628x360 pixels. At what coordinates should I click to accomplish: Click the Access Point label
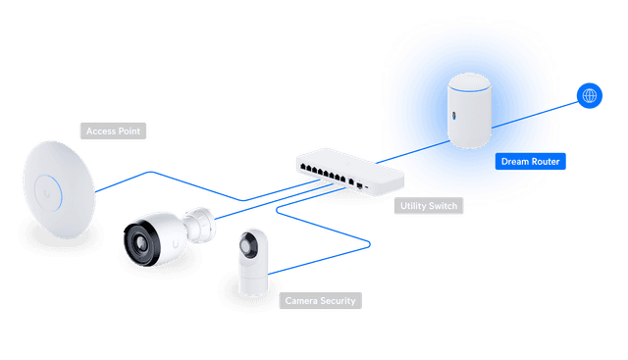[x=114, y=130]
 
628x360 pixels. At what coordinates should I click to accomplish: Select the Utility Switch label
[x=429, y=207]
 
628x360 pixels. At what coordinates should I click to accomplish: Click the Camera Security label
[x=319, y=300]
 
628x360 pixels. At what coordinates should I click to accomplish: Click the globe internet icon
[x=590, y=95]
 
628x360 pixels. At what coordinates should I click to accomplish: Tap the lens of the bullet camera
[x=142, y=242]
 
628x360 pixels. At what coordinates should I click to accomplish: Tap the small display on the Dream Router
[x=454, y=116]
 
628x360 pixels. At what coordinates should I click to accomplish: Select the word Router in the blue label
[x=546, y=161]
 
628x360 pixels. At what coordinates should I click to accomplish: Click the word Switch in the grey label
[x=444, y=207]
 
